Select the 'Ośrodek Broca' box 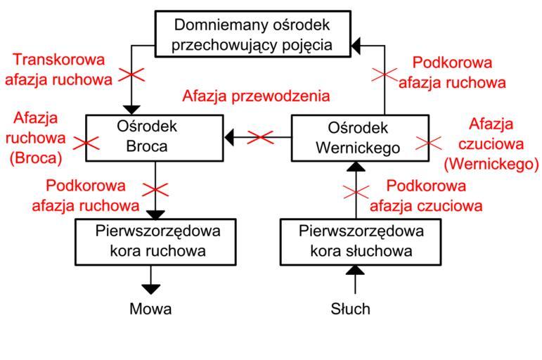[154, 136]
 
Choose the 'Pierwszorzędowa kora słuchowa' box [354, 241]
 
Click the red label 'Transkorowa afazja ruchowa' [58, 69]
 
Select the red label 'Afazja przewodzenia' [256, 95]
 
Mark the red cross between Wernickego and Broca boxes [261, 137]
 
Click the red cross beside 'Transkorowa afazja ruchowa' [131, 75]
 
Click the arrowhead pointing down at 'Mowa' [150, 288]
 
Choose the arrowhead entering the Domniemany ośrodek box [356, 46]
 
